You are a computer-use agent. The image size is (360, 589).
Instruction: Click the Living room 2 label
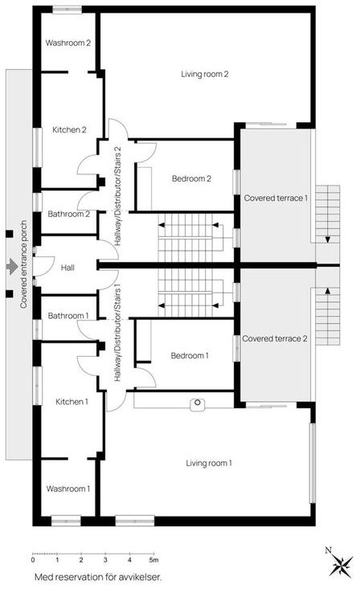(x=204, y=74)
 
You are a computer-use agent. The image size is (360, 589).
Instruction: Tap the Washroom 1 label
(x=68, y=489)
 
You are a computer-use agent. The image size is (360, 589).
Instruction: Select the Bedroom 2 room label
(x=191, y=178)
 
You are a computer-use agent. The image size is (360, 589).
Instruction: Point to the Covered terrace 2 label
(x=274, y=338)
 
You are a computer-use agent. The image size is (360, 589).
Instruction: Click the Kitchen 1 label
(x=72, y=402)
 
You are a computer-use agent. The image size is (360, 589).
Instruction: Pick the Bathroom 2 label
(x=69, y=214)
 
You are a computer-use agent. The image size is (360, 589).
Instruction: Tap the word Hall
(x=67, y=268)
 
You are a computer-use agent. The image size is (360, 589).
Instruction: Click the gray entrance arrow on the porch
(x=12, y=266)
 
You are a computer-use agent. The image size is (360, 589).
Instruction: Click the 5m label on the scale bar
(x=153, y=560)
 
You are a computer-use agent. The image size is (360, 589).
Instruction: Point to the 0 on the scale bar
(x=33, y=560)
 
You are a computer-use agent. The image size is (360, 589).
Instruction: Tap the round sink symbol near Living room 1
(x=198, y=403)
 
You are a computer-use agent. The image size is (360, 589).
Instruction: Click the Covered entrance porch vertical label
(x=23, y=264)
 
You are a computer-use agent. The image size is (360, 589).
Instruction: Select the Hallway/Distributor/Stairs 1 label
(x=117, y=335)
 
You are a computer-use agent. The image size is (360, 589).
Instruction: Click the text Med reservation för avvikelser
(x=98, y=577)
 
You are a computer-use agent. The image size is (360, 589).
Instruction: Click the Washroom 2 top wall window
(x=67, y=10)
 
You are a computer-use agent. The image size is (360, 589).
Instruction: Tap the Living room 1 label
(x=209, y=463)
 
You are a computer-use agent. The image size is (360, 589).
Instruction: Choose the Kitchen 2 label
(x=69, y=129)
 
